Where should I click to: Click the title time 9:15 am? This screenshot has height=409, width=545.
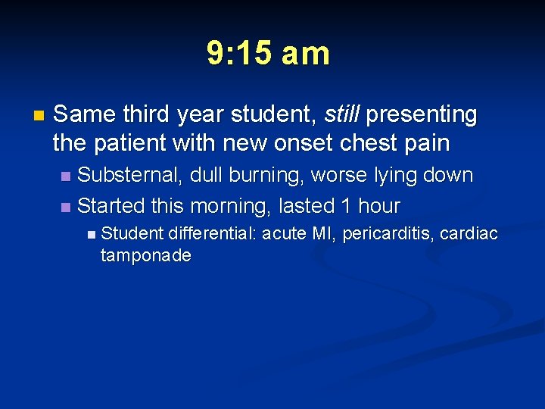269,54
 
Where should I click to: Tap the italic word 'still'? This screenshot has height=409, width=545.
341,114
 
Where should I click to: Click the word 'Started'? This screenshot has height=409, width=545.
111,205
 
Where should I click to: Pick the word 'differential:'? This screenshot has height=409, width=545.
213,234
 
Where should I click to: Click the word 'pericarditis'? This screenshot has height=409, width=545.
388,234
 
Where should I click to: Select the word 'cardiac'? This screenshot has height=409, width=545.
470,234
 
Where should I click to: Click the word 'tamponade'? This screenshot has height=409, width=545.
145,256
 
